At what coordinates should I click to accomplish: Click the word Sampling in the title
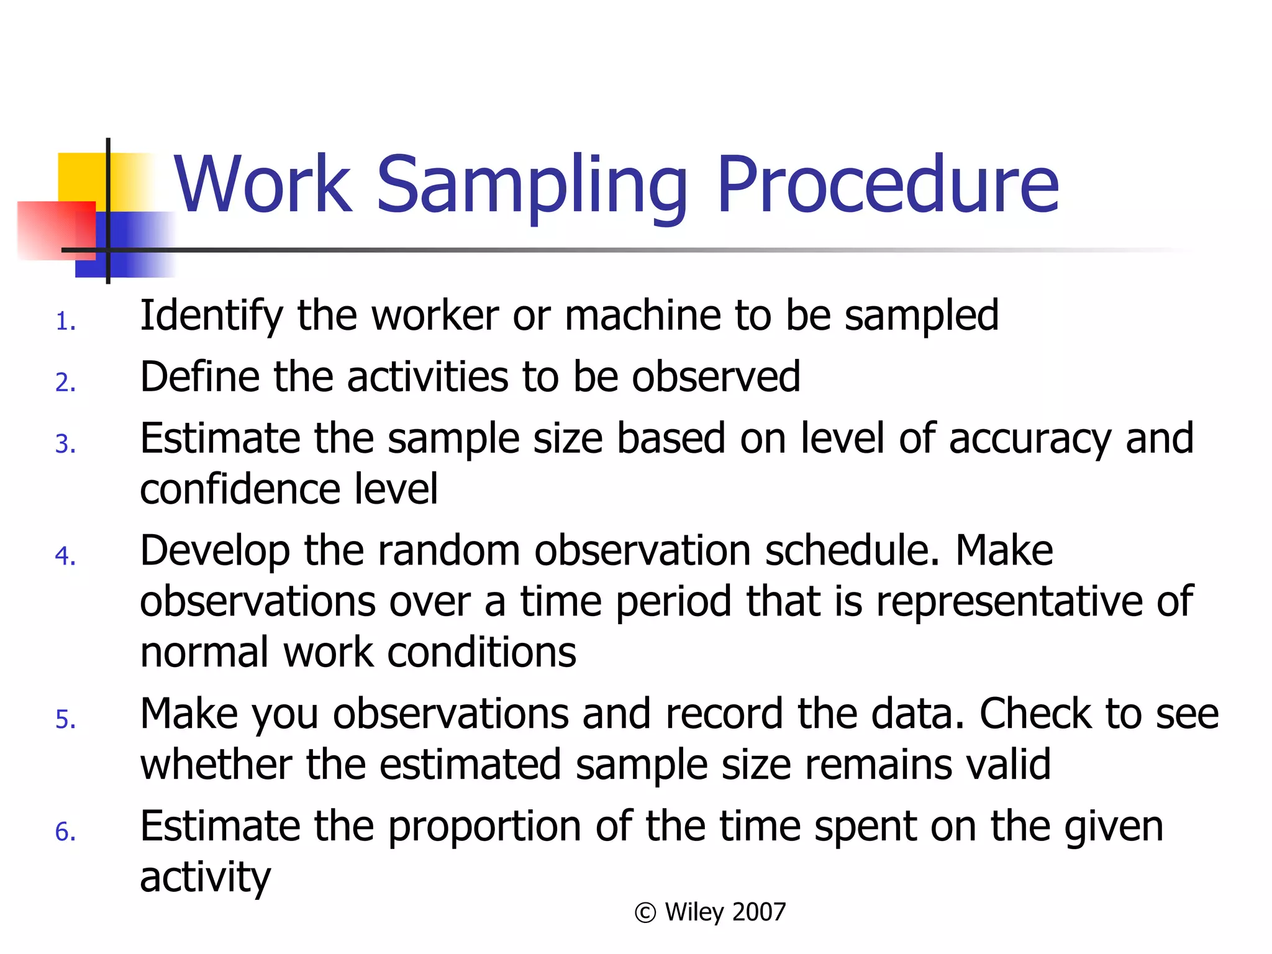click(x=531, y=185)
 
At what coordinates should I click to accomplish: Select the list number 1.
click(x=65, y=322)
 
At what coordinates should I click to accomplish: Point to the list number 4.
click(x=65, y=556)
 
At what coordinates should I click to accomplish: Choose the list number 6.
click(x=65, y=832)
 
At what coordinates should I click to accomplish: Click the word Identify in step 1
click(x=211, y=316)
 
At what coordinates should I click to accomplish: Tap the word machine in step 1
click(x=642, y=316)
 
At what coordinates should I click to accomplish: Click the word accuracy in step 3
click(x=1030, y=439)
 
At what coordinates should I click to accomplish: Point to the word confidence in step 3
click(x=240, y=489)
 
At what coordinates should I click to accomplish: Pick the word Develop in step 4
click(x=215, y=552)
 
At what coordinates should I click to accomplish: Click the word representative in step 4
click(x=1009, y=602)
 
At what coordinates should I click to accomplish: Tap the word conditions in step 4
click(x=481, y=652)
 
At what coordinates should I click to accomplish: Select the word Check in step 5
click(x=1035, y=714)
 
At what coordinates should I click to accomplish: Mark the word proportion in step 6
click(x=485, y=827)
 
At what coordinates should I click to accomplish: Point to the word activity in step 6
click(x=205, y=878)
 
